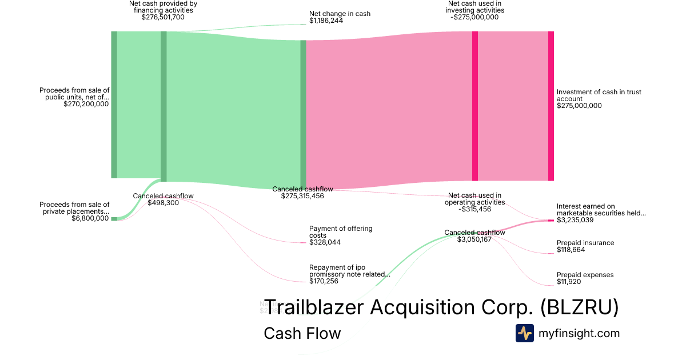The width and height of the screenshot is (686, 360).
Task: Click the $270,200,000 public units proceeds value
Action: click(86, 104)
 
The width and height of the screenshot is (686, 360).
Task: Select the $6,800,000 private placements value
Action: click(90, 218)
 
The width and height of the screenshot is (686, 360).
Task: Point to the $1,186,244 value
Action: click(326, 21)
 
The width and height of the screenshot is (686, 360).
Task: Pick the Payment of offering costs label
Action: click(341, 232)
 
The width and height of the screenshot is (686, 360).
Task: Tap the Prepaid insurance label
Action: click(585, 243)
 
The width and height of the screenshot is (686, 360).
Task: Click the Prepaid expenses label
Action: click(585, 275)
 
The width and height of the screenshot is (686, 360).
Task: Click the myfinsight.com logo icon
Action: click(524, 333)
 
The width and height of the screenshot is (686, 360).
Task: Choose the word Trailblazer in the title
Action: click(314, 307)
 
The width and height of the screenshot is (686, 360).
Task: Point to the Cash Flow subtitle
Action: click(302, 333)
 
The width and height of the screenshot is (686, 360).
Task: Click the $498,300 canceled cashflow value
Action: click(163, 203)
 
